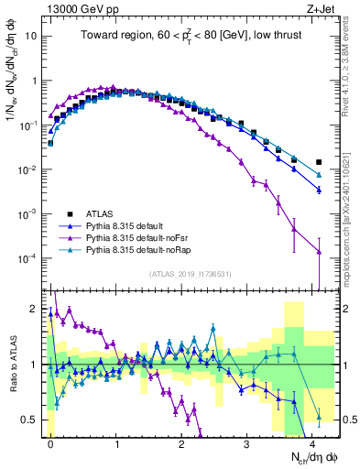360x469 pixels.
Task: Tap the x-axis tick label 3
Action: (x=246, y=442)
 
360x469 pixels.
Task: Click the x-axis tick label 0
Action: (x=50, y=442)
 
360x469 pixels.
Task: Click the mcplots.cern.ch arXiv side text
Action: (x=352, y=220)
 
